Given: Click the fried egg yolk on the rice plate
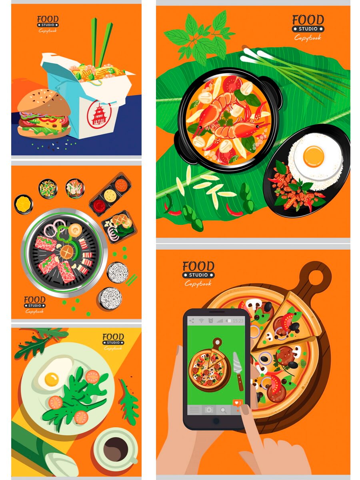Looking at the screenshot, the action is tap(313, 156).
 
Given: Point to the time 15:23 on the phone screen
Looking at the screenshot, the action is tap(238, 321).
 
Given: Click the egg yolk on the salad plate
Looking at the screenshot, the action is tap(52, 380).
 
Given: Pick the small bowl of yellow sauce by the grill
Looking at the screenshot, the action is tap(23, 204).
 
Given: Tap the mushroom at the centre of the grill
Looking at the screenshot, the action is tap(67, 252).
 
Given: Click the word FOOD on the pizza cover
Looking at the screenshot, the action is tap(198, 266).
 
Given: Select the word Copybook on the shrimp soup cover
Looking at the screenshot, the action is tap(308, 38).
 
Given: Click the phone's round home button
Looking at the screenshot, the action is tap(216, 420).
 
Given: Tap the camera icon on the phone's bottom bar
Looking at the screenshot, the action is tap(209, 409).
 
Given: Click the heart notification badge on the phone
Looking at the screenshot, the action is tap(238, 402).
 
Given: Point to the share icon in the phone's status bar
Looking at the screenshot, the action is tap(192, 321).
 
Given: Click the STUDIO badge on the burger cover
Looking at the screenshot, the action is tap(48, 25).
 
